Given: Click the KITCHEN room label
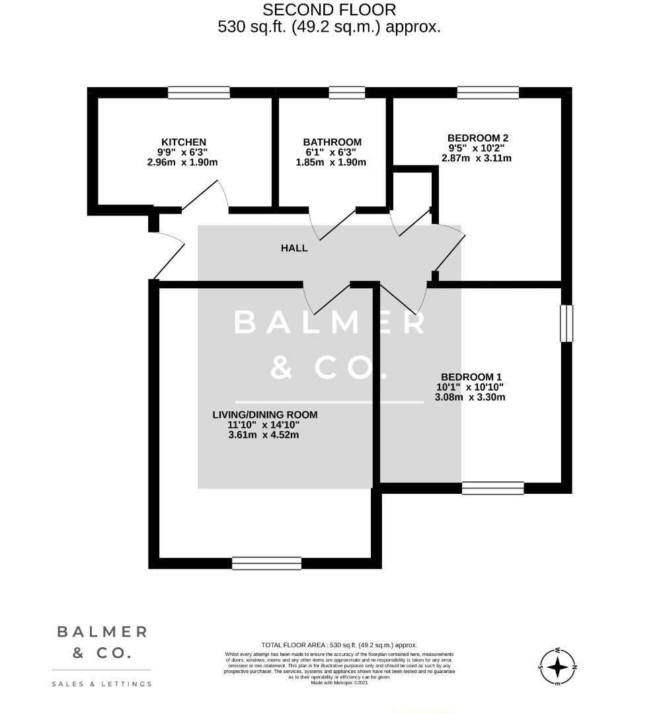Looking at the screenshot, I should tap(184, 142).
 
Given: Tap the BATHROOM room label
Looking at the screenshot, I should tap(332, 142).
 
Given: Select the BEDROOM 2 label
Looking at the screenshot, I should tap(477, 138).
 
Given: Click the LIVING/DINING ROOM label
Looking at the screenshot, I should tap(264, 415).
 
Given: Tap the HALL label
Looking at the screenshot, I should tap(294, 248).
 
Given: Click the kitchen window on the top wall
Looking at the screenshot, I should tap(198, 93).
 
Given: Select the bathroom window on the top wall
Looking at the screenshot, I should tap(346, 93).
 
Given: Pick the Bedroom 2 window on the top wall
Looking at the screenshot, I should tap(487, 93).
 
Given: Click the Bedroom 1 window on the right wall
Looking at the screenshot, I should tap(566, 323).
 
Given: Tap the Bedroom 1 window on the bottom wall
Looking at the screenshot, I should tap(492, 489).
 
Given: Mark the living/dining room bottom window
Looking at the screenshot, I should tap(266, 563).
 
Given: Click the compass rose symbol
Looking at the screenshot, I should tap(559, 666).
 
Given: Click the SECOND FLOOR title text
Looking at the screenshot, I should tap(329, 10).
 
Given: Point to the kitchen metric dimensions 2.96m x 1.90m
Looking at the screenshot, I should tap(184, 162).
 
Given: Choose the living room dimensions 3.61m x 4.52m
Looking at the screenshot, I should tap(263, 435).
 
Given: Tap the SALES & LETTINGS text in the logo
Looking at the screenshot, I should tap(102, 684).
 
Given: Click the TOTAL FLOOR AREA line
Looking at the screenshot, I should tap(339, 645).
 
